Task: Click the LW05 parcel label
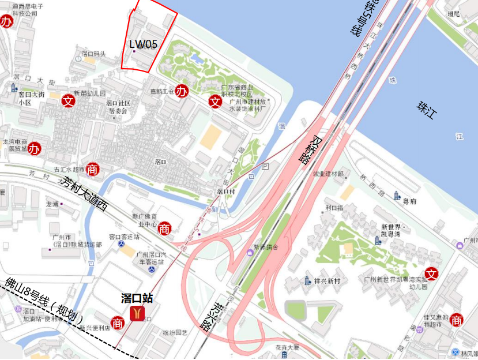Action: [143, 43]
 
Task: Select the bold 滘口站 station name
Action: [137, 298]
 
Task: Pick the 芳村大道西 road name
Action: [83, 194]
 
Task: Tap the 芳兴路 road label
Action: [212, 317]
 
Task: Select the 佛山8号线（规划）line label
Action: [44, 300]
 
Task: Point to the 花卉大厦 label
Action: [287, 348]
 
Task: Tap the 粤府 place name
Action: [409, 201]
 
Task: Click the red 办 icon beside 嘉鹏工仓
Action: [182, 91]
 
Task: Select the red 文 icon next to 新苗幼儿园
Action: [69, 100]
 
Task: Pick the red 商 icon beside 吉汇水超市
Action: [92, 168]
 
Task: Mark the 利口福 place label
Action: [334, 208]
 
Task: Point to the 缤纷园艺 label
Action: [175, 333]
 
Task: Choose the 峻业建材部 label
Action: [328, 174]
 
